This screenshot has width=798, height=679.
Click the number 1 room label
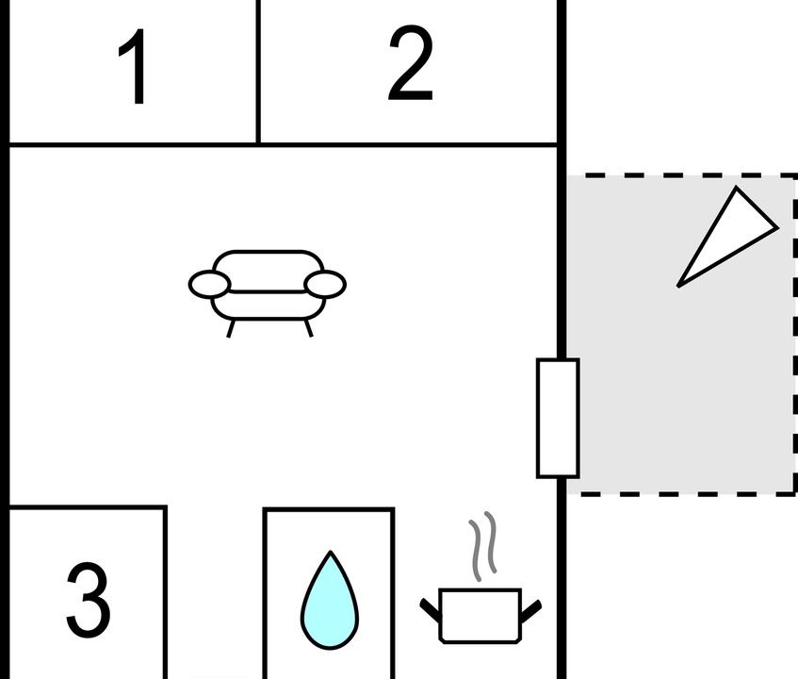(x=135, y=66)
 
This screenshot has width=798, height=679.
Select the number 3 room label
(x=88, y=600)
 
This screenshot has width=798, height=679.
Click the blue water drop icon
(x=330, y=600)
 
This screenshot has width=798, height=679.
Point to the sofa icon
(x=268, y=293)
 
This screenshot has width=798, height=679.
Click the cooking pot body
(x=480, y=616)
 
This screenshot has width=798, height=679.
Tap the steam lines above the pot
(x=482, y=546)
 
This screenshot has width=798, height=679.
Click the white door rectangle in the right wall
(x=558, y=418)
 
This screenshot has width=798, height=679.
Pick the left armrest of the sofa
(x=209, y=284)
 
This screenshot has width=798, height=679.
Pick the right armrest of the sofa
(x=325, y=284)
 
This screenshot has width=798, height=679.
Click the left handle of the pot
(x=430, y=610)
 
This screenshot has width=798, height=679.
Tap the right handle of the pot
(x=530, y=611)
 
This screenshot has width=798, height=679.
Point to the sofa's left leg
(x=231, y=328)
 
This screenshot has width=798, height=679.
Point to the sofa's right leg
(x=308, y=328)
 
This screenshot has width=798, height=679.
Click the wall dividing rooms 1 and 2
(x=258, y=72)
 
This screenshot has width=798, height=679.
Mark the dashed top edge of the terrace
(x=682, y=175)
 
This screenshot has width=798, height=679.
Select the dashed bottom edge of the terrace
(x=682, y=493)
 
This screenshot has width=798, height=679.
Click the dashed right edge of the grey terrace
(x=795, y=335)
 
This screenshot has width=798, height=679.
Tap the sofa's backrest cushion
(x=269, y=270)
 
